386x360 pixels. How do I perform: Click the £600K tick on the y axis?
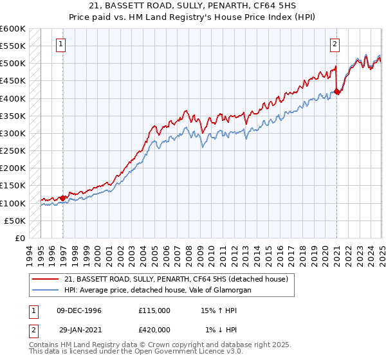click(x=13, y=29)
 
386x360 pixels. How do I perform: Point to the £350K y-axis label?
click(x=13, y=116)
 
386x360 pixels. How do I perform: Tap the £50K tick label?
click(x=15, y=221)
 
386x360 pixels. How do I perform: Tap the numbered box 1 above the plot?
click(x=60, y=45)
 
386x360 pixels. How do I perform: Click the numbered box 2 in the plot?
click(x=336, y=45)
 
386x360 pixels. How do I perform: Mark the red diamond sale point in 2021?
click(x=338, y=92)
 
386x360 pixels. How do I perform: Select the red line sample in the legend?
click(x=46, y=279)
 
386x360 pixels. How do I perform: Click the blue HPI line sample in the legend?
click(x=46, y=291)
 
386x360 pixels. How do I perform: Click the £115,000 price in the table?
click(x=154, y=310)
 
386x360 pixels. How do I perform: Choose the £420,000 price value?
click(x=154, y=330)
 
